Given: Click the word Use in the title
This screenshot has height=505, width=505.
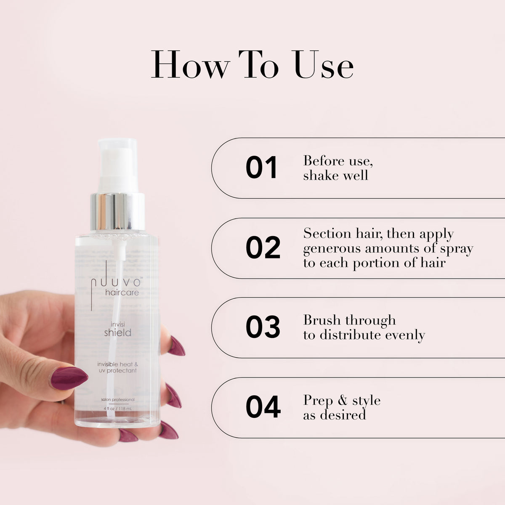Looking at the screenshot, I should (x=324, y=65).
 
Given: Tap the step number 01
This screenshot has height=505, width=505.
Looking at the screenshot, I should (x=261, y=168).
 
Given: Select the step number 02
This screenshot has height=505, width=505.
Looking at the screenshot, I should (x=263, y=248).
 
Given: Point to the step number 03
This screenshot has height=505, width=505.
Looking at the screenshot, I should (x=263, y=327).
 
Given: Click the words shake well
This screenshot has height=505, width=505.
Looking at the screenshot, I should (x=335, y=175).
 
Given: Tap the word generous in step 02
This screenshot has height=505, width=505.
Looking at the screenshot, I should (x=332, y=249).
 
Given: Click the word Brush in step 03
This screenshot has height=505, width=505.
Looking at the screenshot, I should (x=322, y=320).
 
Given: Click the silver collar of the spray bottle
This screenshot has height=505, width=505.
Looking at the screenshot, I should (x=118, y=212).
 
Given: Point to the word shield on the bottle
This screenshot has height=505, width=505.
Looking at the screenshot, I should (x=118, y=332).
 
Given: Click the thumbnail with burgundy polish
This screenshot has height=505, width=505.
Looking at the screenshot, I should (x=68, y=377).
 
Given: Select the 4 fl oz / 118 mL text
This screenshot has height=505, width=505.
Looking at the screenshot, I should (x=118, y=408).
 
